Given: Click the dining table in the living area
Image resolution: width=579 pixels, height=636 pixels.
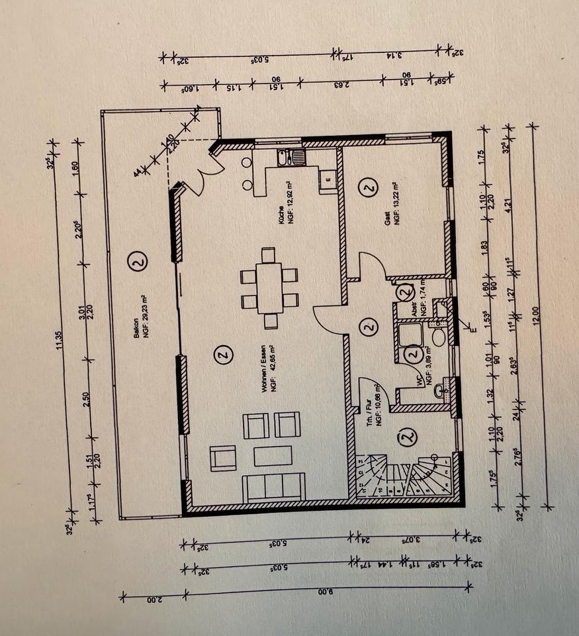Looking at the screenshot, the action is [x=269, y=288].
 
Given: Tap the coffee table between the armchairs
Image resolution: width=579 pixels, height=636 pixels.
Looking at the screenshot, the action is [x=273, y=456].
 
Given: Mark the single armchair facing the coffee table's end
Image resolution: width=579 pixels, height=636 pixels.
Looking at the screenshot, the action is [x=223, y=456].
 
